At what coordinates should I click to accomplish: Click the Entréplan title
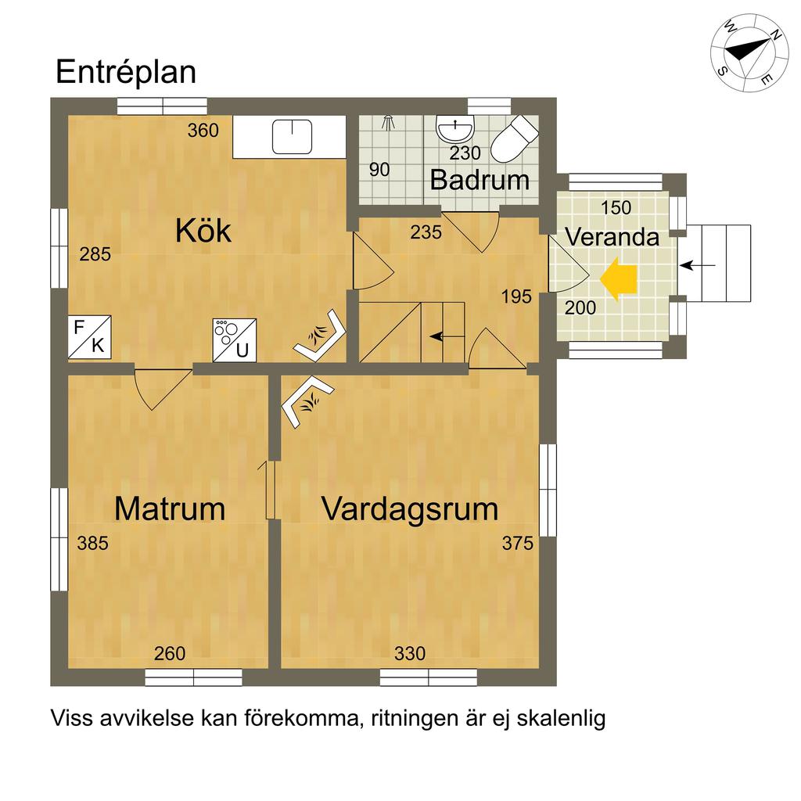click(126, 72)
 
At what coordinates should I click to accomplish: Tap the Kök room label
click(203, 231)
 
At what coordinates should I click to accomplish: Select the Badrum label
click(480, 180)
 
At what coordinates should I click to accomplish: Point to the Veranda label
click(612, 237)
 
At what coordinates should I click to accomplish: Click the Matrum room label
click(170, 508)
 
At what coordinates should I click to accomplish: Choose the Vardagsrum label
click(410, 510)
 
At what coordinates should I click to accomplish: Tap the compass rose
click(743, 53)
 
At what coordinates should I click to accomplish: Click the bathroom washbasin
click(455, 129)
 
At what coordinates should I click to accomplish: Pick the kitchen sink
click(292, 136)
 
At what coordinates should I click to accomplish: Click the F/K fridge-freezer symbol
click(89, 336)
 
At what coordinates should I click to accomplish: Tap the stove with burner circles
click(235, 340)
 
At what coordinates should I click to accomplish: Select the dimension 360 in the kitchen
click(203, 131)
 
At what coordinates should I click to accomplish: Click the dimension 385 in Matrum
click(92, 543)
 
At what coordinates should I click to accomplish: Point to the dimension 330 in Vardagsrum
click(410, 653)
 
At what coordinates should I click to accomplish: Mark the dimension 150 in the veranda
click(616, 208)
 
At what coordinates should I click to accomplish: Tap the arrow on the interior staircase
click(443, 336)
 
